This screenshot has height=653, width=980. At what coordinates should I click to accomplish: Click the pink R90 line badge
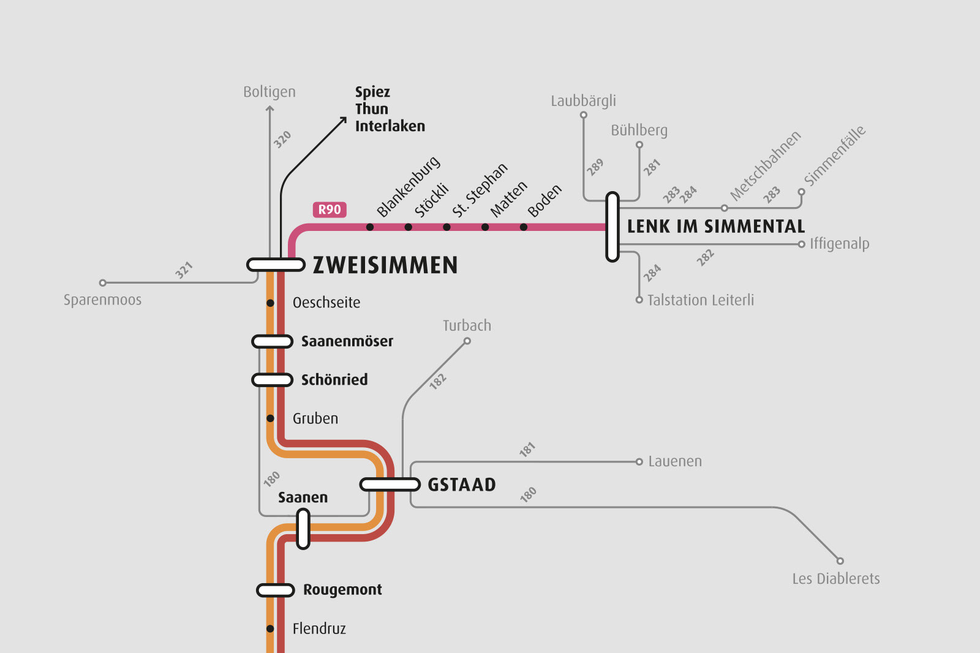click(330, 209)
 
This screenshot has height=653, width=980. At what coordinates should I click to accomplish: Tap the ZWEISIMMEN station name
click(385, 265)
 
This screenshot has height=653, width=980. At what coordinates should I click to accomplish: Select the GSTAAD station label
click(461, 485)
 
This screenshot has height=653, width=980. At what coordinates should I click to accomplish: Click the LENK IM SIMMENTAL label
click(715, 227)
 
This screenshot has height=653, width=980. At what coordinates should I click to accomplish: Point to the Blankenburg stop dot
click(370, 227)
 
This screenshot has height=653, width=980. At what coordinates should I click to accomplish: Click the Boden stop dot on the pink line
click(524, 227)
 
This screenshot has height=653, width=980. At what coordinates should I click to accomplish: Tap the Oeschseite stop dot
click(270, 303)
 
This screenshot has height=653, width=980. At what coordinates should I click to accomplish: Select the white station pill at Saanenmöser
click(272, 341)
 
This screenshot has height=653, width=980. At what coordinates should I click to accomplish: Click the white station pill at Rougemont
click(276, 591)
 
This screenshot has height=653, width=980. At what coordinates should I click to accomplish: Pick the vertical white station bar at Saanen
click(303, 529)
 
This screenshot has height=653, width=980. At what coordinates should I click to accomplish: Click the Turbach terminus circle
click(467, 341)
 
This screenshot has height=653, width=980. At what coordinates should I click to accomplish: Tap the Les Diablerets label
click(835, 579)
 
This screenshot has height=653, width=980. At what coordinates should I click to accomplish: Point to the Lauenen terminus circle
click(639, 462)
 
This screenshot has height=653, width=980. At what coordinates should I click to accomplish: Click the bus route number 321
click(184, 270)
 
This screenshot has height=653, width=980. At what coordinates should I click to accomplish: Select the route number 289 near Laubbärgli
click(595, 167)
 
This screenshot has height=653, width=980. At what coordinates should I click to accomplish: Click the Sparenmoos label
click(102, 300)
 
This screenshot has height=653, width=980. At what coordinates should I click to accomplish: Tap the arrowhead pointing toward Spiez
click(344, 119)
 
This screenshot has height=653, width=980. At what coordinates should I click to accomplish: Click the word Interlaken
click(390, 126)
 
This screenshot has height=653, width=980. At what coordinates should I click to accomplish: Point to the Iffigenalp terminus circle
click(801, 244)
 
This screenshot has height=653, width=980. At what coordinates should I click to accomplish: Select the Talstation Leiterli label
click(700, 300)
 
